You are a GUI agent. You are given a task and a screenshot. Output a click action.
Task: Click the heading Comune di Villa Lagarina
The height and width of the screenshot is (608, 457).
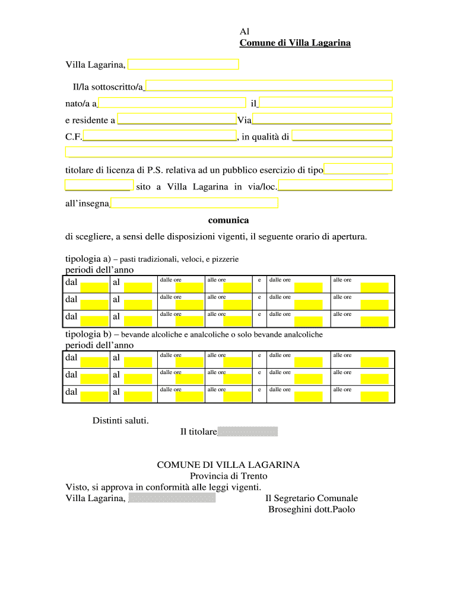click(295, 43)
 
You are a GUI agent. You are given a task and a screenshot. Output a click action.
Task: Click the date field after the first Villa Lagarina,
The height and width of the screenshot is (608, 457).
click(183, 65)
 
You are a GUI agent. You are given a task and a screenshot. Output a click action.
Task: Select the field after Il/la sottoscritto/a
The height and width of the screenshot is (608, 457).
click(269, 85)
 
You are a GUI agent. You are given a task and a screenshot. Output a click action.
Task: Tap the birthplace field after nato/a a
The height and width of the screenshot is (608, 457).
click(172, 103)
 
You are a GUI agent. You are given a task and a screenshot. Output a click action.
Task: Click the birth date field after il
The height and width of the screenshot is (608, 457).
click(326, 102)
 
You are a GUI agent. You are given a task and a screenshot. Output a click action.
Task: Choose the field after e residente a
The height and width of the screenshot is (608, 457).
click(177, 119)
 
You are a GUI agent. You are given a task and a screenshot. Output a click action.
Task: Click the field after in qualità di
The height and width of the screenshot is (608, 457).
click(342, 137)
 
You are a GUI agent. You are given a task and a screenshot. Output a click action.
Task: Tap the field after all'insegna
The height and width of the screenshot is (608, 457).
click(195, 204)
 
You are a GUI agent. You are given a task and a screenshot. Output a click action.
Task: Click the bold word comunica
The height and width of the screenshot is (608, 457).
click(228, 220)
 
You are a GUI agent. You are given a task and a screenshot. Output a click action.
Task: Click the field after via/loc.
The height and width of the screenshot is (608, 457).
click(335, 186)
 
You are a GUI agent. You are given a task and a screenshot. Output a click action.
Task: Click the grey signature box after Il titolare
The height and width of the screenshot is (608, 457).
click(247, 432)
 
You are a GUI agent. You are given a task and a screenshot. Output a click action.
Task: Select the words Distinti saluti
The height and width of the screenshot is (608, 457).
click(120, 421)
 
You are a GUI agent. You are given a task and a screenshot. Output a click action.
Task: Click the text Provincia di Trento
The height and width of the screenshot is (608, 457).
click(228, 476)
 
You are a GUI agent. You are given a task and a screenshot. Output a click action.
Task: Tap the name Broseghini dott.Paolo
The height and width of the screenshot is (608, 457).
click(312, 509)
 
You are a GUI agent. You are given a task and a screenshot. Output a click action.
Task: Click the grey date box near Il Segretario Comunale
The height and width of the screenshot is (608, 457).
click(172, 498)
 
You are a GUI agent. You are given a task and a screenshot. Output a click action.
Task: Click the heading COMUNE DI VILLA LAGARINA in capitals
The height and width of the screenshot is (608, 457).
click(228, 465)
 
